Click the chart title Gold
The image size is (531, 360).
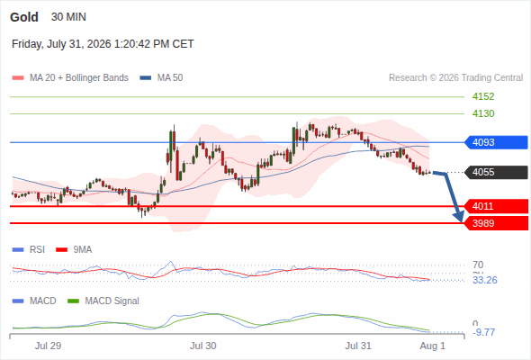coord(24,17)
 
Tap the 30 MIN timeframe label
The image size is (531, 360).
coord(68,17)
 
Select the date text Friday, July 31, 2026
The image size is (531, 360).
coord(61,44)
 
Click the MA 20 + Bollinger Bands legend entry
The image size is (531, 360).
coord(70,78)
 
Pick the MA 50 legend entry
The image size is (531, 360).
coord(161,78)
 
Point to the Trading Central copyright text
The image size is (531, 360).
coord(455,78)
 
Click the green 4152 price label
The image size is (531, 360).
coord(483,96)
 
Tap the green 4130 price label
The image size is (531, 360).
coord(483,113)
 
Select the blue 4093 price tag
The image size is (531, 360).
coord(496,142)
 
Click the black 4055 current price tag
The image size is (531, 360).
coord(496,172)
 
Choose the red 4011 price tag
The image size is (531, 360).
coord(496,206)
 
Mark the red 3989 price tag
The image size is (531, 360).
coord(496,223)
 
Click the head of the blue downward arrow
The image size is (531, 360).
coord(460,219)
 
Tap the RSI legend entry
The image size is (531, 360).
coord(29,249)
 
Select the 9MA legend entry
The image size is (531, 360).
coord(74,249)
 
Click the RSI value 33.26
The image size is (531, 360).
coord(485,280)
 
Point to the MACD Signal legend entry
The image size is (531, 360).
coord(103,301)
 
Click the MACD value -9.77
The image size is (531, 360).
coord(484,332)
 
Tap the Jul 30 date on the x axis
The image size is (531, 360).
coord(202,346)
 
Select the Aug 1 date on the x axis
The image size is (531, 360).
coord(433,346)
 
